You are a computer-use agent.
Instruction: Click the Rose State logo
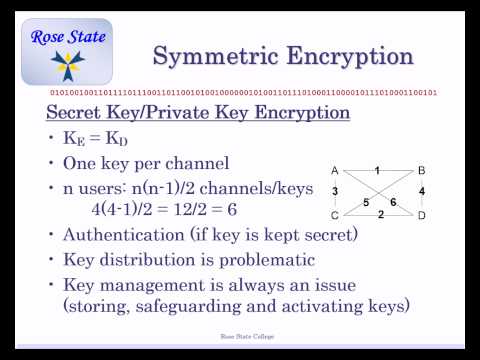(67, 53)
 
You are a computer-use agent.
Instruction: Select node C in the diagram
(334, 214)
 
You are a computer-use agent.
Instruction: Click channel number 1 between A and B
(377, 169)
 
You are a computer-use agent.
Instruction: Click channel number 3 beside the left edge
(335, 191)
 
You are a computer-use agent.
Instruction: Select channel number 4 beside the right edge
(422, 191)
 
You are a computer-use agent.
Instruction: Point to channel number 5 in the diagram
(365, 202)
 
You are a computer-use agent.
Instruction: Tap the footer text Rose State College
(240, 339)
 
